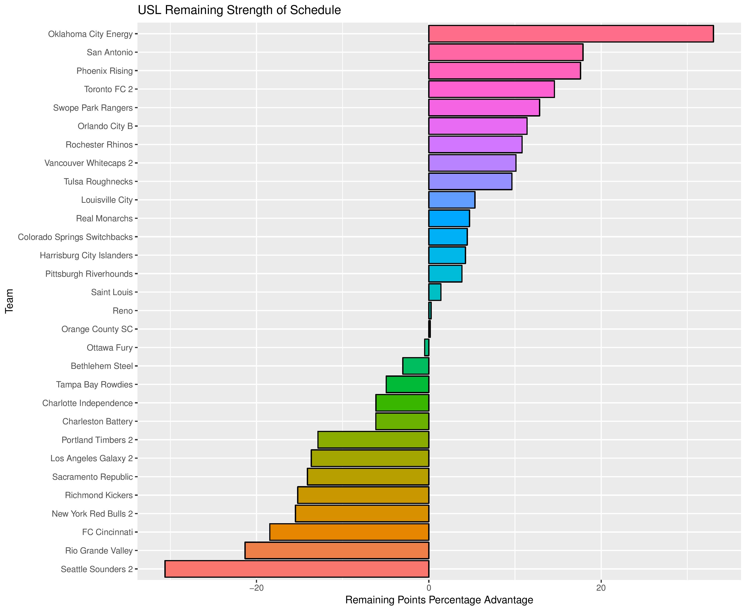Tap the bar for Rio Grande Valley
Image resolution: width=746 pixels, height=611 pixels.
[x=337, y=550]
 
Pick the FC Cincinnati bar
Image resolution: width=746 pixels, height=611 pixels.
[x=349, y=532]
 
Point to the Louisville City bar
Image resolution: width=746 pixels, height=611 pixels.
[x=452, y=200]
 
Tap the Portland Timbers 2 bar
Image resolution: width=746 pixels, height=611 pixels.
[x=373, y=440]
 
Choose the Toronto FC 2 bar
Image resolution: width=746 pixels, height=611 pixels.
[x=491, y=89]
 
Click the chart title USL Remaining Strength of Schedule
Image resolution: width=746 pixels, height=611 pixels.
[x=239, y=10]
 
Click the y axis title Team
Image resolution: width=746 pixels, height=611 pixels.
[x=9, y=301]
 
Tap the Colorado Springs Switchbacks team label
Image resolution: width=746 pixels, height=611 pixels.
[x=75, y=237]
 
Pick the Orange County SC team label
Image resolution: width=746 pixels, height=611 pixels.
[x=97, y=329]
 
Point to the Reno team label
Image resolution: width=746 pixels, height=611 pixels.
[x=123, y=311]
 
